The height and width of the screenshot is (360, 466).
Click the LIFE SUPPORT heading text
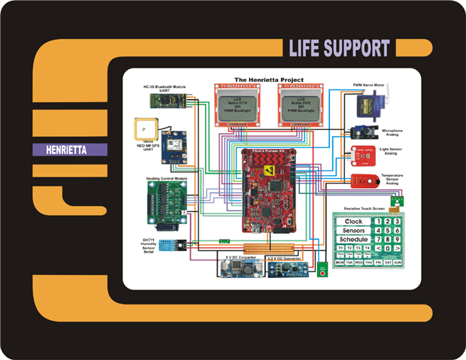(339, 48)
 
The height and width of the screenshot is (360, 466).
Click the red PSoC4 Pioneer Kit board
(266, 188)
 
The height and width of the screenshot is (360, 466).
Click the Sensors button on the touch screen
(353, 229)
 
